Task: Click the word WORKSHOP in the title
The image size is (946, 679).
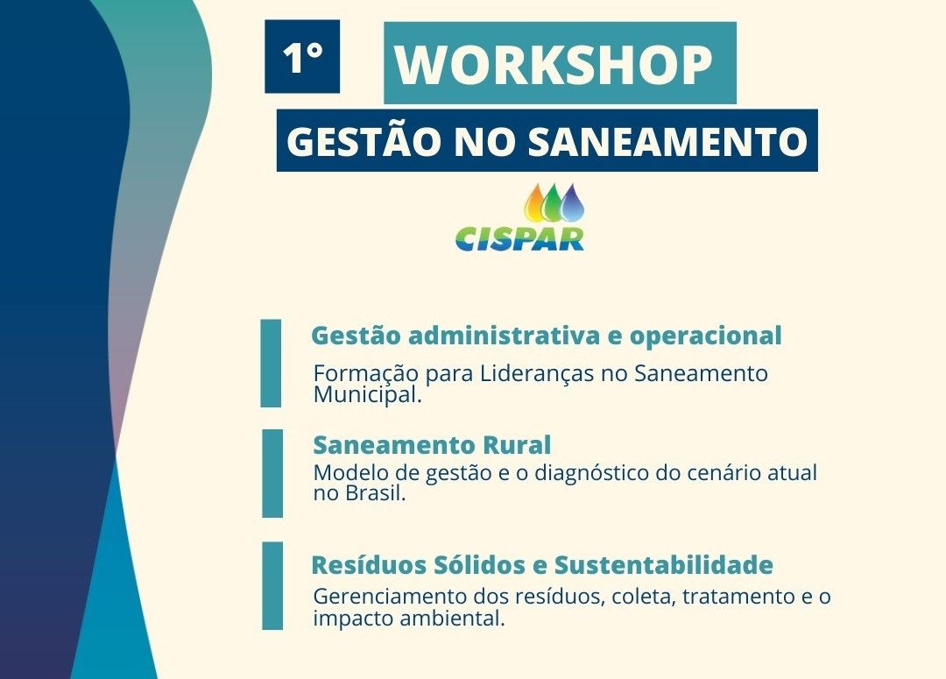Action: point(554,65)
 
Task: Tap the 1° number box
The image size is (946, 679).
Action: point(302,57)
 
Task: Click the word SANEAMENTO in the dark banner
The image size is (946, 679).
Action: point(667,141)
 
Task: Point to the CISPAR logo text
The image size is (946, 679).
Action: point(520,238)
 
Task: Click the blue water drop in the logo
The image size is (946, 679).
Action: point(571,202)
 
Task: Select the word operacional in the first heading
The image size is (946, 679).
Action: point(706,336)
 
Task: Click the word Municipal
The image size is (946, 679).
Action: point(367,395)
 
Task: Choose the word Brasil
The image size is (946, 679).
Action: point(375,494)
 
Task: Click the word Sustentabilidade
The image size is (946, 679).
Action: point(664,565)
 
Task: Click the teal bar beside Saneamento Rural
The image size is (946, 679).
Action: point(272,474)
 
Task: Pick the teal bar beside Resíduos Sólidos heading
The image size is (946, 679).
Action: point(272,586)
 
